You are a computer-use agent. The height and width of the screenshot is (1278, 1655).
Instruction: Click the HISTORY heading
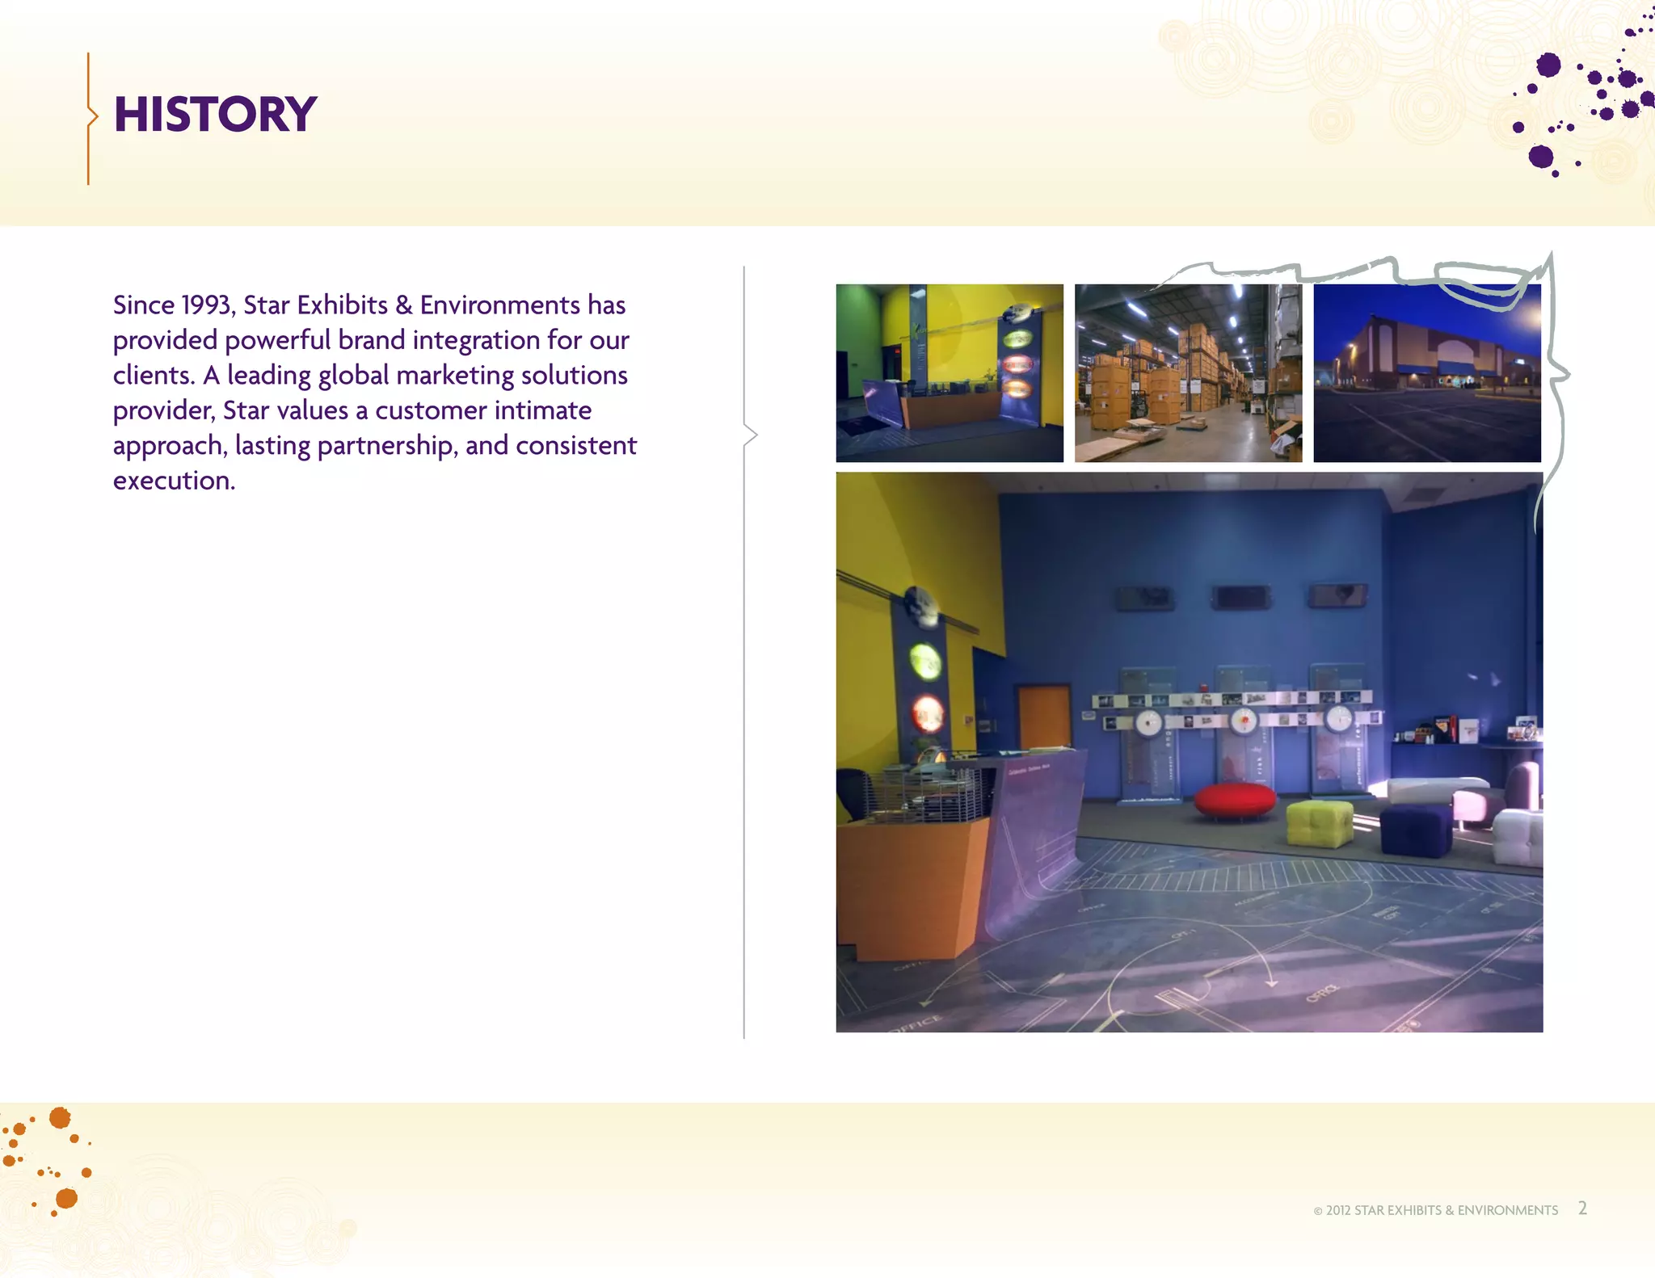click(215, 114)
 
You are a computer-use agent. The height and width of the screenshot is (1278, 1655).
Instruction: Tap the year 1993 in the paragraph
click(207, 305)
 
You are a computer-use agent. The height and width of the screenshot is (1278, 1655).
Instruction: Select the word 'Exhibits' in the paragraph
click(342, 305)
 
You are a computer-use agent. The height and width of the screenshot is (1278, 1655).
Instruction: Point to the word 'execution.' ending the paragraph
click(174, 481)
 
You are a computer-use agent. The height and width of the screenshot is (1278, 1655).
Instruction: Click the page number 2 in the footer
click(1582, 1209)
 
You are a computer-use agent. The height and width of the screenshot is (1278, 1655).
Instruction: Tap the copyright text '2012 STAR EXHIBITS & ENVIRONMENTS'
click(1441, 1210)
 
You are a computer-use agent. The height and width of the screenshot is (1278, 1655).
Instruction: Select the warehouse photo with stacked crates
click(1188, 373)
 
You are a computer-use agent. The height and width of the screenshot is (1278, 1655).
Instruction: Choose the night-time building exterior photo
click(1426, 373)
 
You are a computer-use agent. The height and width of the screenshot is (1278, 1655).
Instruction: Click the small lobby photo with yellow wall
click(950, 373)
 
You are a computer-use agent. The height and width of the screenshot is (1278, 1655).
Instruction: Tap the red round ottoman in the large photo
click(1235, 801)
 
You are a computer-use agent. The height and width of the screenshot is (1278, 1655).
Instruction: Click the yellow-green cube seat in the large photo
click(1319, 822)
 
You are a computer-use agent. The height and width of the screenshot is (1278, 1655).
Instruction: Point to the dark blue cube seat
click(1416, 829)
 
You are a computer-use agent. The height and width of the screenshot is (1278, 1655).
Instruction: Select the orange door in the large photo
click(1044, 715)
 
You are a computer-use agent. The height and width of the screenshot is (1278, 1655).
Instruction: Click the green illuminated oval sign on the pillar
click(926, 660)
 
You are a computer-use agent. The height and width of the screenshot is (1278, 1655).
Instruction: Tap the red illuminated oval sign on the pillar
click(928, 713)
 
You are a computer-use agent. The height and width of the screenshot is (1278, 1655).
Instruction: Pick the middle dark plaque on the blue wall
click(1240, 598)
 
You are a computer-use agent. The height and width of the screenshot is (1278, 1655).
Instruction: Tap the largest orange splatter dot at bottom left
click(61, 1118)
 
